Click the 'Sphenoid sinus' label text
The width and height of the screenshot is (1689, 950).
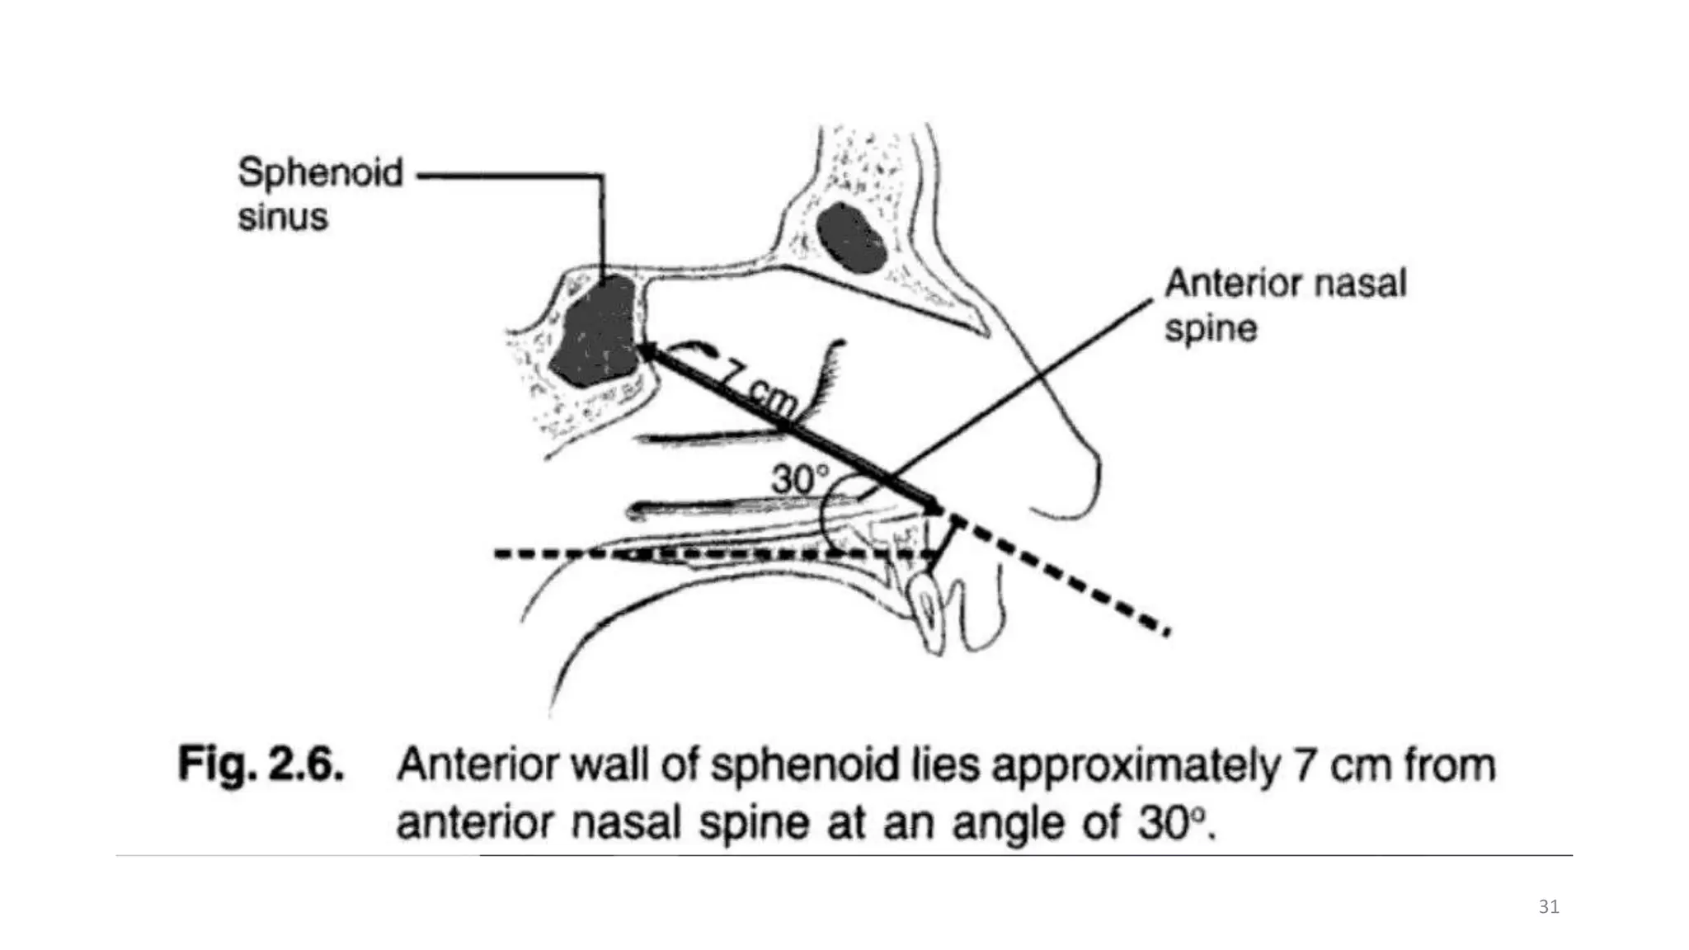(320, 195)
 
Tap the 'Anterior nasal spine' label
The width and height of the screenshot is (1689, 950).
(1285, 306)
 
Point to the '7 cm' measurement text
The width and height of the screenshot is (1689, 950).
(757, 386)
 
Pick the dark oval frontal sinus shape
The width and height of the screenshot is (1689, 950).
(852, 238)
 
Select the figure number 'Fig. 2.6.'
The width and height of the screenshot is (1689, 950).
(261, 765)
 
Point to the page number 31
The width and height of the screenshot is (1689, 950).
(1549, 907)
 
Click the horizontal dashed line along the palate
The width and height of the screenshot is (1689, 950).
(714, 554)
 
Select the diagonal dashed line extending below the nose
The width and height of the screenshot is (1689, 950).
(1058, 574)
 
